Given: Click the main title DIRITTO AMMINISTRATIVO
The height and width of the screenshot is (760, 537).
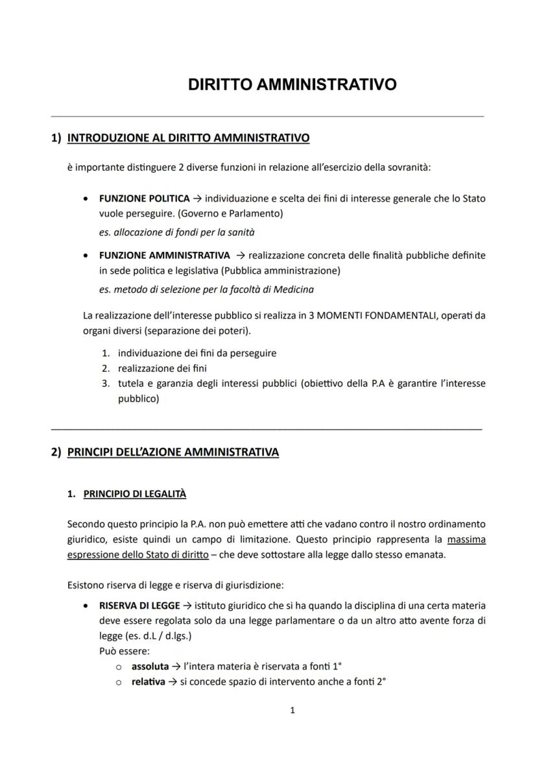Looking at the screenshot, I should (x=292, y=85).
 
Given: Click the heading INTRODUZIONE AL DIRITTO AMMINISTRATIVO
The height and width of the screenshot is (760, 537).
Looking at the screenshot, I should (x=188, y=138).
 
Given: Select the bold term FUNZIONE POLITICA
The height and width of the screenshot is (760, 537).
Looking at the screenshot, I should (x=144, y=198).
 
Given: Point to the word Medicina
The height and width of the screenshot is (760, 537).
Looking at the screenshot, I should (x=296, y=289).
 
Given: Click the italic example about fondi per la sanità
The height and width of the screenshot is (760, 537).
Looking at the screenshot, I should (x=167, y=232).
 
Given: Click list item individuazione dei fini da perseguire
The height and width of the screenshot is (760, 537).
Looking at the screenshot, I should (x=197, y=353).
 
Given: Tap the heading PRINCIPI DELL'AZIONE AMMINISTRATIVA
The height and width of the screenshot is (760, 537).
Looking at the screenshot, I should (x=173, y=452).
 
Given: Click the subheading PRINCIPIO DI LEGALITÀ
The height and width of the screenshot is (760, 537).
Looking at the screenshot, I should (x=135, y=494).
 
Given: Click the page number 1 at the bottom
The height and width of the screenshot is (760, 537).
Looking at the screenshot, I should (x=292, y=710).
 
